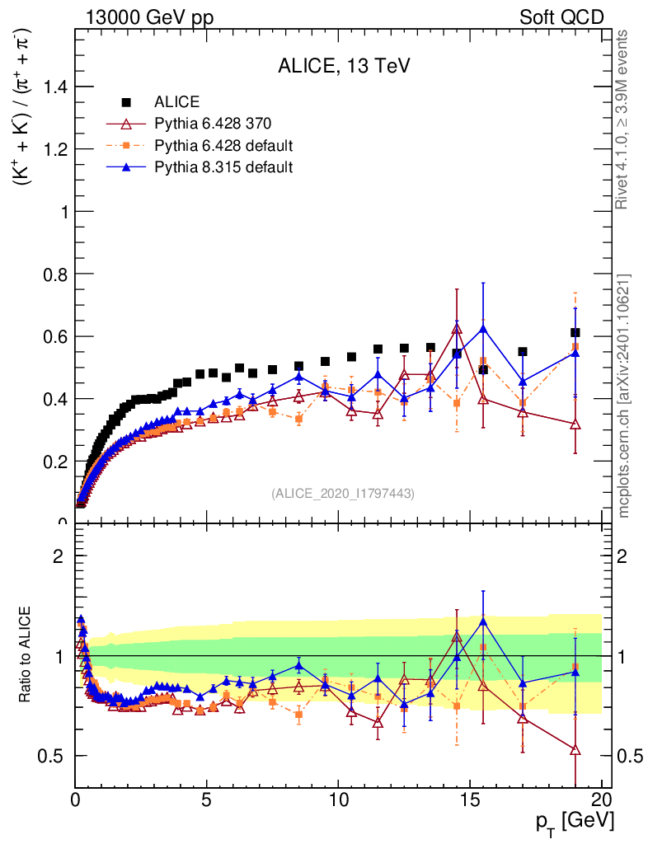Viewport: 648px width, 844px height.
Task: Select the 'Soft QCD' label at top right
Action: coord(561,17)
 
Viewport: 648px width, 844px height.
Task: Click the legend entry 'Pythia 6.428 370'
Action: coord(213,124)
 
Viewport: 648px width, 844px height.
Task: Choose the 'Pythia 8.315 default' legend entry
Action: coord(223,167)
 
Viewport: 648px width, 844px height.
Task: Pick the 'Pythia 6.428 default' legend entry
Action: coord(223,146)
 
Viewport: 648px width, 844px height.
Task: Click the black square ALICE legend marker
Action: coord(126,102)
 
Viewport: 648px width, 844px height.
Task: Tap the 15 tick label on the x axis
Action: coord(470,799)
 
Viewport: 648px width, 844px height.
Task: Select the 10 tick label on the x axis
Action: coord(338,799)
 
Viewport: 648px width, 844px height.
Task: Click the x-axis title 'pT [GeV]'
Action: coord(574,821)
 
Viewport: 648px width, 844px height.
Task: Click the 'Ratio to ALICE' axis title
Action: coord(26,656)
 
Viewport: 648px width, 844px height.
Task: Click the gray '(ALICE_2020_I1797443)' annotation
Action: coord(342,493)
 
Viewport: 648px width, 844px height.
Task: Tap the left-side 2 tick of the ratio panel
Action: coord(59,555)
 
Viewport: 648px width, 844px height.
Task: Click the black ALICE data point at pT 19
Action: coord(575,333)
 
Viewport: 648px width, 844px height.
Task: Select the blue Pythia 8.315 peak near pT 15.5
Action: coord(483,328)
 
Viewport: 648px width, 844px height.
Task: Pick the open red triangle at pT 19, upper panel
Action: coord(575,424)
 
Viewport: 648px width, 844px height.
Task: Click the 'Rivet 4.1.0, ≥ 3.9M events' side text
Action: coord(624,120)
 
